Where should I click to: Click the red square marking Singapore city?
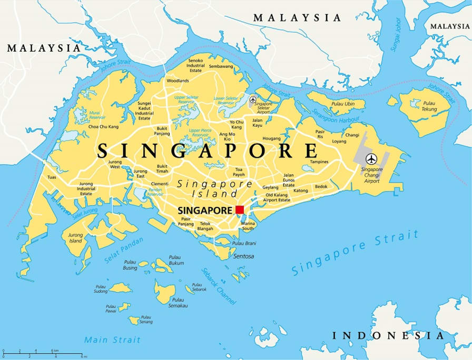[240, 209]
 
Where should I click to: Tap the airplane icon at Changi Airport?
[372, 158]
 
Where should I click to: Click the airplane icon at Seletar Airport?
[253, 99]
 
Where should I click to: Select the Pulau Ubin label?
[343, 104]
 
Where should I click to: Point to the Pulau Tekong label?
[429, 106]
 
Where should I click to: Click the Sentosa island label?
[244, 256]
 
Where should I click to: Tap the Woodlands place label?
[178, 81]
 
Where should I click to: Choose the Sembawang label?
[221, 66]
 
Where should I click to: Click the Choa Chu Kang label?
[103, 127]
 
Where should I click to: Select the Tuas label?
[51, 177]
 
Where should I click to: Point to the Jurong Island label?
[76, 238]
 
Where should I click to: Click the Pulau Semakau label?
[177, 303]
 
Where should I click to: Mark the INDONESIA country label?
[388, 335]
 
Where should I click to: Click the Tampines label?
[319, 162]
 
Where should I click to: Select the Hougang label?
[272, 138]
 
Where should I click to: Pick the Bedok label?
[321, 186]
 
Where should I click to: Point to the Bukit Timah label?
[162, 168]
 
